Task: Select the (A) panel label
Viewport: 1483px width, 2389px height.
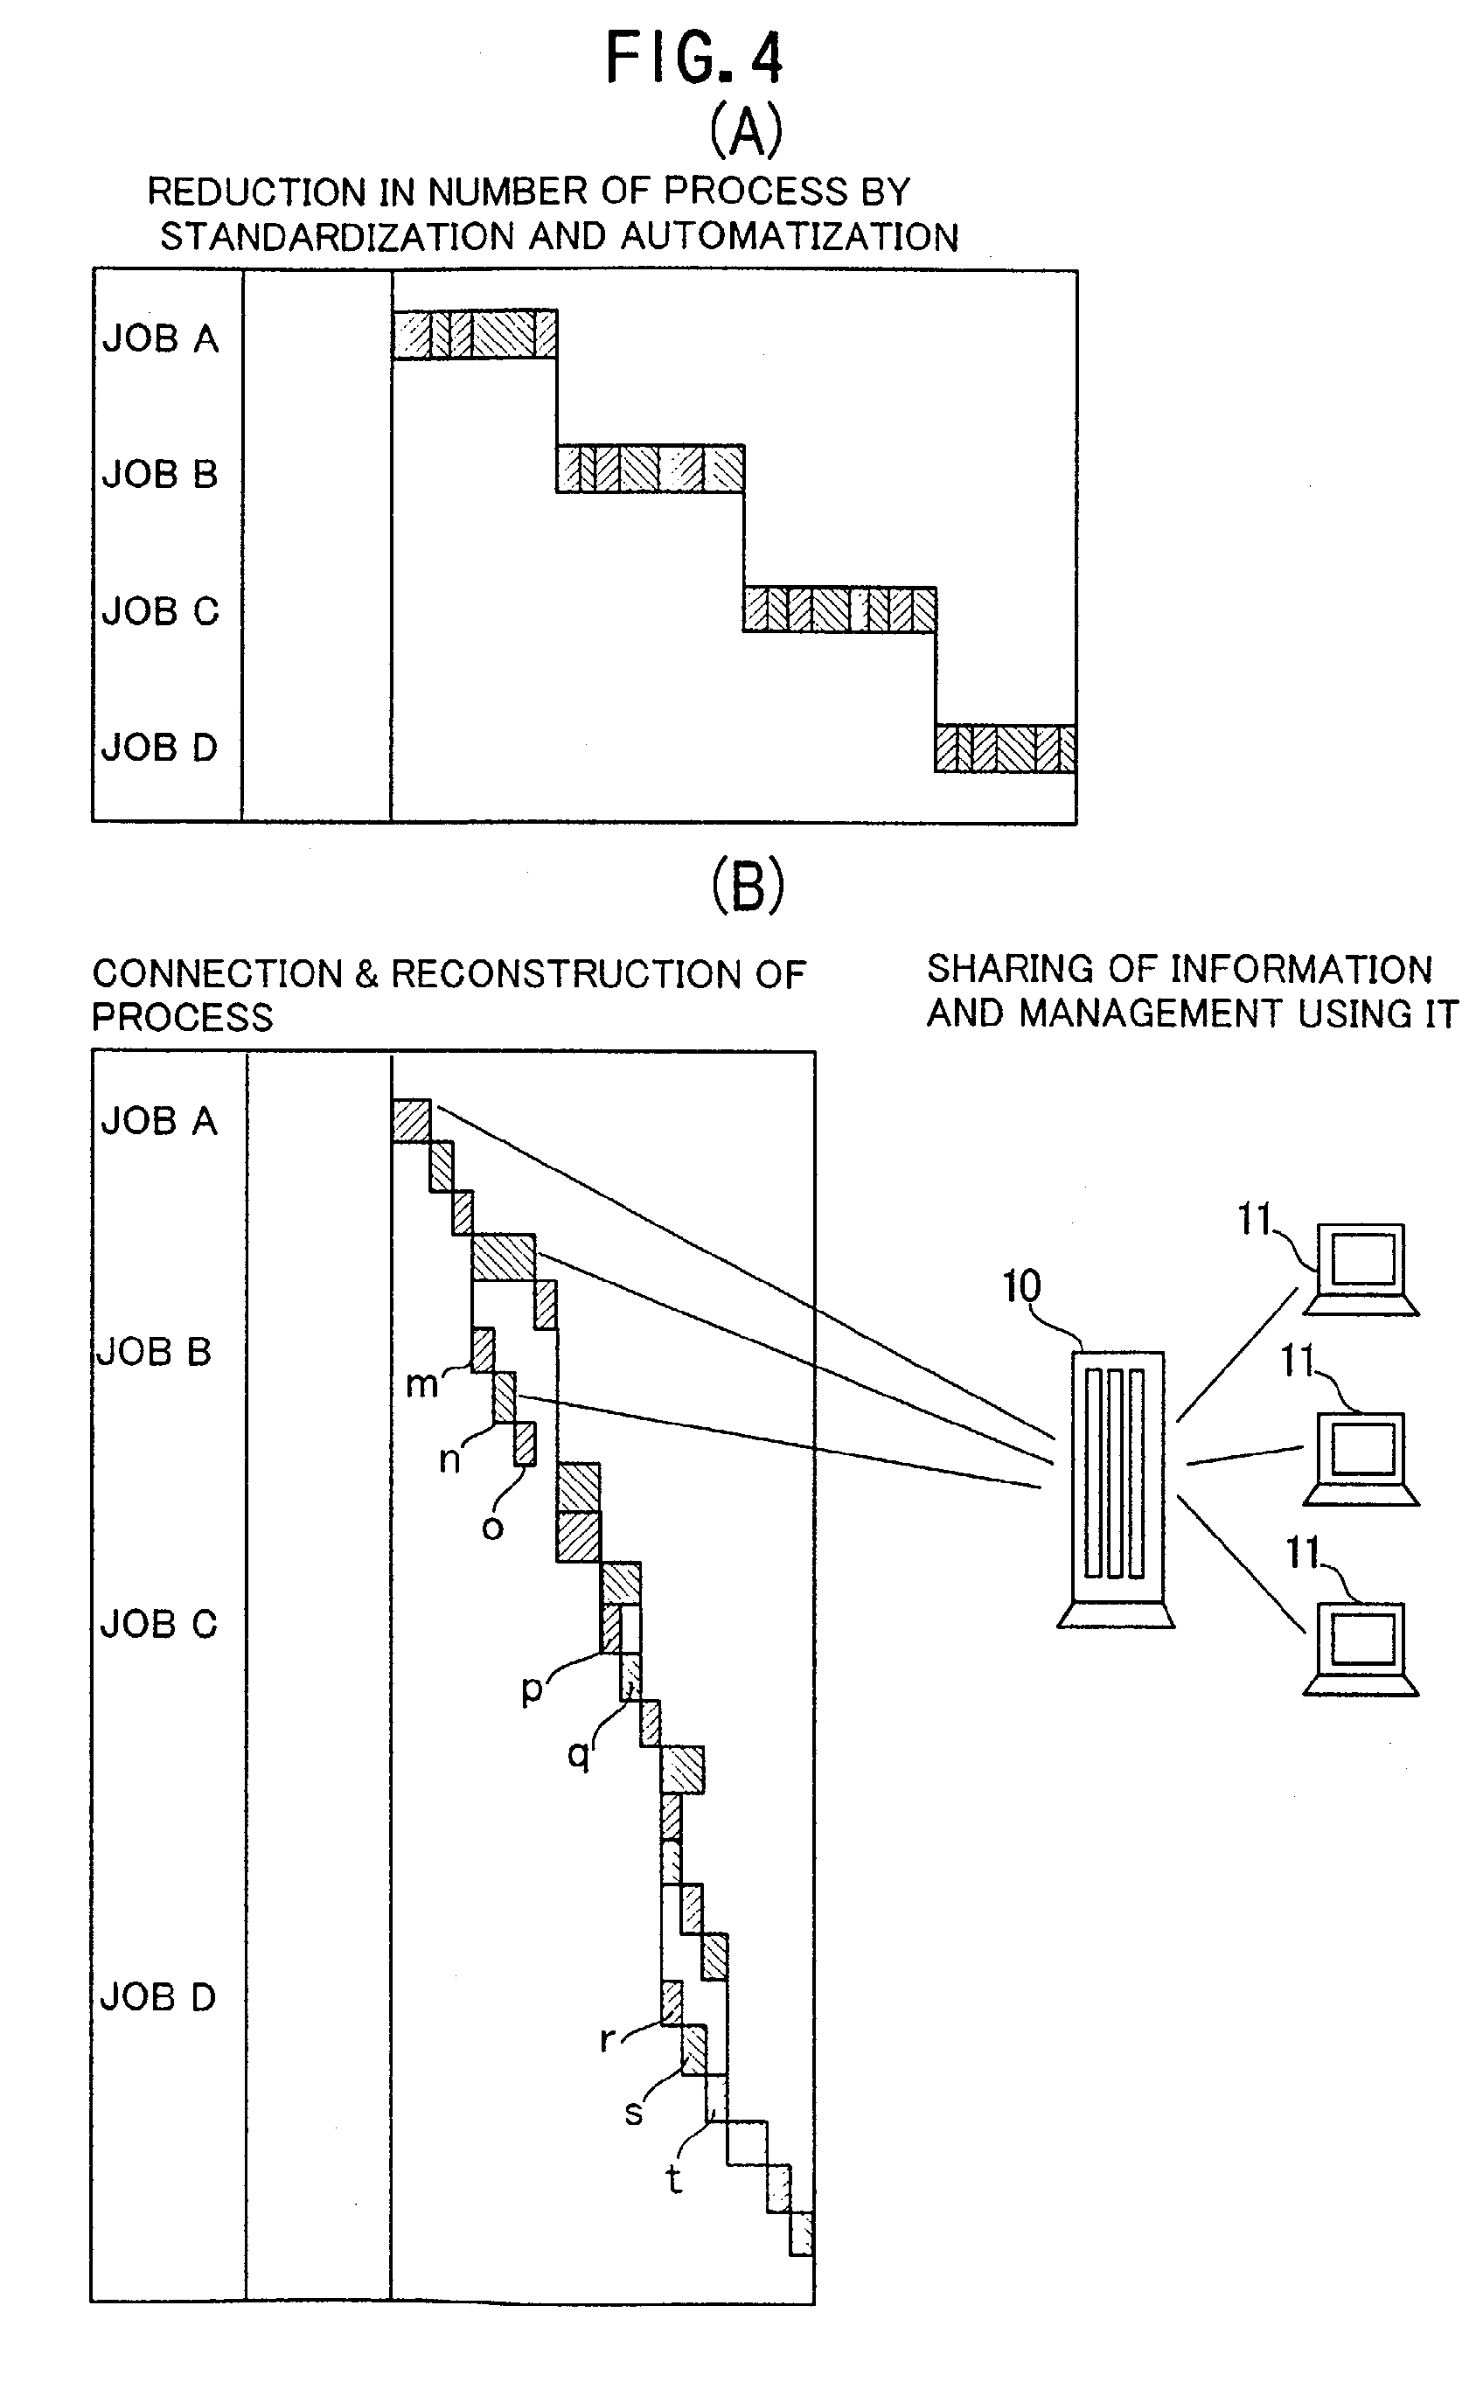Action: (x=747, y=130)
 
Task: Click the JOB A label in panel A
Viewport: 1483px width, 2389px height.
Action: (x=160, y=338)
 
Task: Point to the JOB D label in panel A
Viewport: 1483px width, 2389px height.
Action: (x=159, y=748)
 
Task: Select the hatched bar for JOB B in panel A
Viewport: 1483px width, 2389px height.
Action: (x=651, y=468)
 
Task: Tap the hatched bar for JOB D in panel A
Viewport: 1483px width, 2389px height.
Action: (x=1006, y=749)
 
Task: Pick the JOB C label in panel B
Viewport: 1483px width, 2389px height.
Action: (x=158, y=1624)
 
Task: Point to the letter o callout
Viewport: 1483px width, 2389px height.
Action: (x=492, y=1528)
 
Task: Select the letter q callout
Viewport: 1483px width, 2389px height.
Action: (x=579, y=1754)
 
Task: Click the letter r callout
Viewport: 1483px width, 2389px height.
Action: (x=607, y=2040)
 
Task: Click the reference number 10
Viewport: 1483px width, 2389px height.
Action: (x=1021, y=1285)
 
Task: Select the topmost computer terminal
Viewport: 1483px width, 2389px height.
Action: (x=1361, y=1269)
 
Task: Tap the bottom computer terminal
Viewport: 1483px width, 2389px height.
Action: (x=1361, y=1649)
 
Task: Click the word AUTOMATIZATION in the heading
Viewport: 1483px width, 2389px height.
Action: (x=790, y=236)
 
